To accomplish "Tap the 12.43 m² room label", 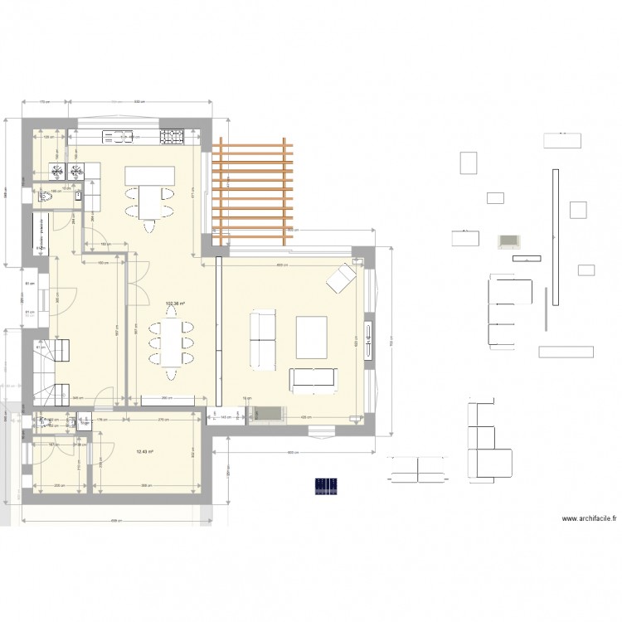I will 145,451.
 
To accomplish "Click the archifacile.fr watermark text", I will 590,519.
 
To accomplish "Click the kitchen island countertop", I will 151,176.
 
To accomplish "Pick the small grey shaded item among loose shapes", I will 508,241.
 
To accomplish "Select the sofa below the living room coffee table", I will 315,378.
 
